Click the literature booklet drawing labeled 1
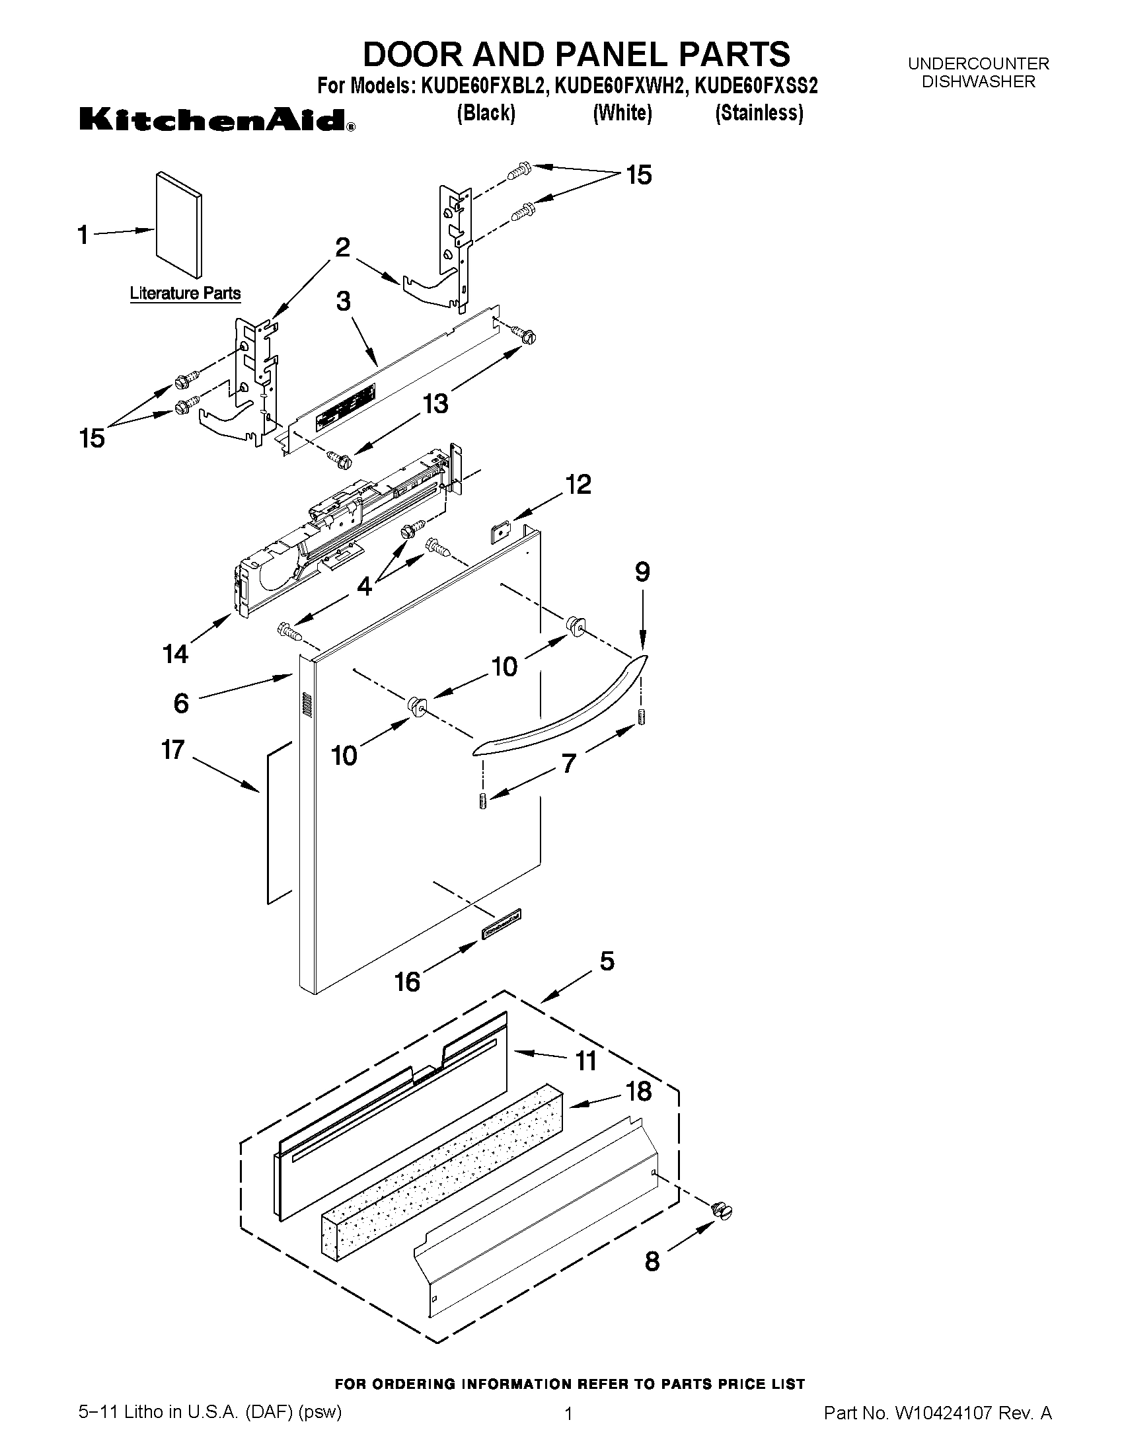[x=178, y=225]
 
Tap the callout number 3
[x=343, y=302]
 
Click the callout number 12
[x=578, y=485]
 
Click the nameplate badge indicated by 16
[x=501, y=925]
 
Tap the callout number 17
[x=172, y=750]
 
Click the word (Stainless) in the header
[x=759, y=113]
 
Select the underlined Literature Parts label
[x=185, y=293]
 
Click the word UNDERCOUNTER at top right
[x=978, y=64]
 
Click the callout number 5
[x=607, y=961]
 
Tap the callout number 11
[x=586, y=1060]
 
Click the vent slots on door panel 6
[x=307, y=705]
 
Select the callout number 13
[x=436, y=403]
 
